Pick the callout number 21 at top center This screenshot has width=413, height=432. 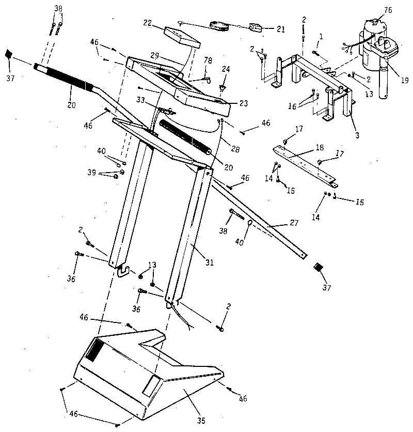280,29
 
